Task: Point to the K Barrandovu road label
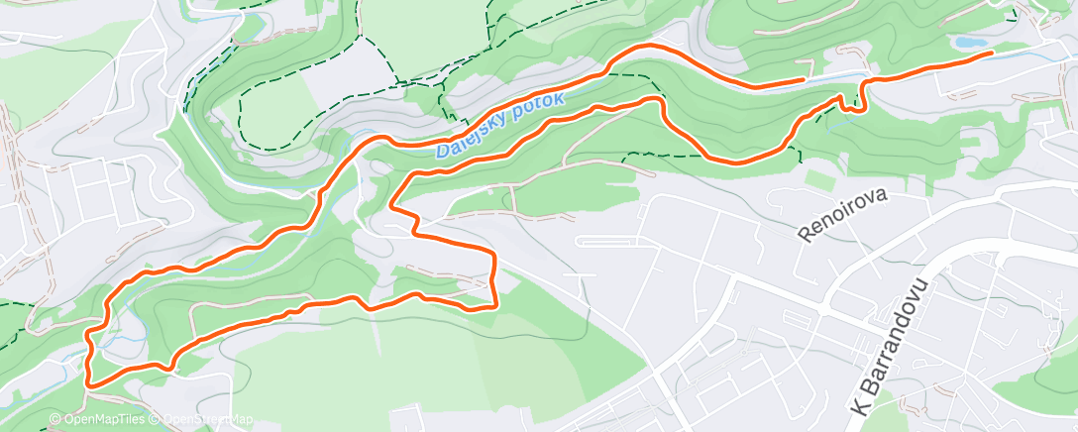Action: point(891,347)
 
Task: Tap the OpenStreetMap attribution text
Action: point(203,420)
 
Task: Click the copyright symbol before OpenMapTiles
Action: point(54,420)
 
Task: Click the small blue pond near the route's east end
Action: point(969,44)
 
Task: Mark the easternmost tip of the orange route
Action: point(991,54)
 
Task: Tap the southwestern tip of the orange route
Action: point(89,382)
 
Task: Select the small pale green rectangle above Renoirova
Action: point(819,181)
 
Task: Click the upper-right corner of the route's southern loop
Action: point(493,254)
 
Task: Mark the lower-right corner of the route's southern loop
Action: point(492,306)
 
